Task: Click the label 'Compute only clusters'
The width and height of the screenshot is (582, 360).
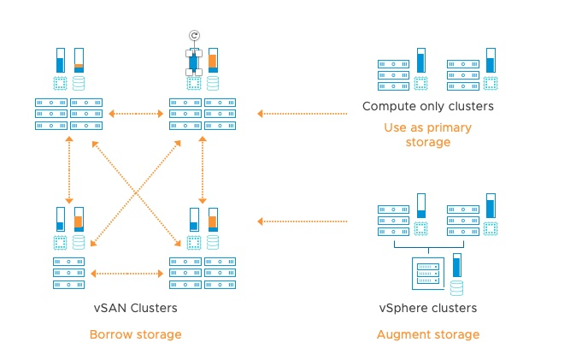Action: [x=427, y=107]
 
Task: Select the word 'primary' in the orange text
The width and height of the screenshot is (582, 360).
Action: [x=444, y=127]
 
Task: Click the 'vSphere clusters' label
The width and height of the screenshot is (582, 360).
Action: [x=427, y=308]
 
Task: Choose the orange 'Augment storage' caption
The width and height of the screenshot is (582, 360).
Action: [x=427, y=334]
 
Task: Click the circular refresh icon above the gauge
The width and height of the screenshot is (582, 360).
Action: [x=194, y=36]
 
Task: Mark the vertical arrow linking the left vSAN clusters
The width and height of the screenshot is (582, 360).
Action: [x=68, y=169]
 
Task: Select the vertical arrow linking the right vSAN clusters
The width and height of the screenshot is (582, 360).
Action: [x=202, y=169]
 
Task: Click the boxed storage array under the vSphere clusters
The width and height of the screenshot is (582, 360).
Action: [x=427, y=274]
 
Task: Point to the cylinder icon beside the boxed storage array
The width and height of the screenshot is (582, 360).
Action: [x=456, y=288]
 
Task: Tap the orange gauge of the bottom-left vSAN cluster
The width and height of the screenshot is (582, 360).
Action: [x=79, y=219]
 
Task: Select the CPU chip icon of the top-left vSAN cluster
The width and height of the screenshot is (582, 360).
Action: [x=60, y=84]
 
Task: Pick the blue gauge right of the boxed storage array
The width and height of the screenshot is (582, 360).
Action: [x=456, y=264]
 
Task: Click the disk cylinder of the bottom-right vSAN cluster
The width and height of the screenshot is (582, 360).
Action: [x=212, y=243]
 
